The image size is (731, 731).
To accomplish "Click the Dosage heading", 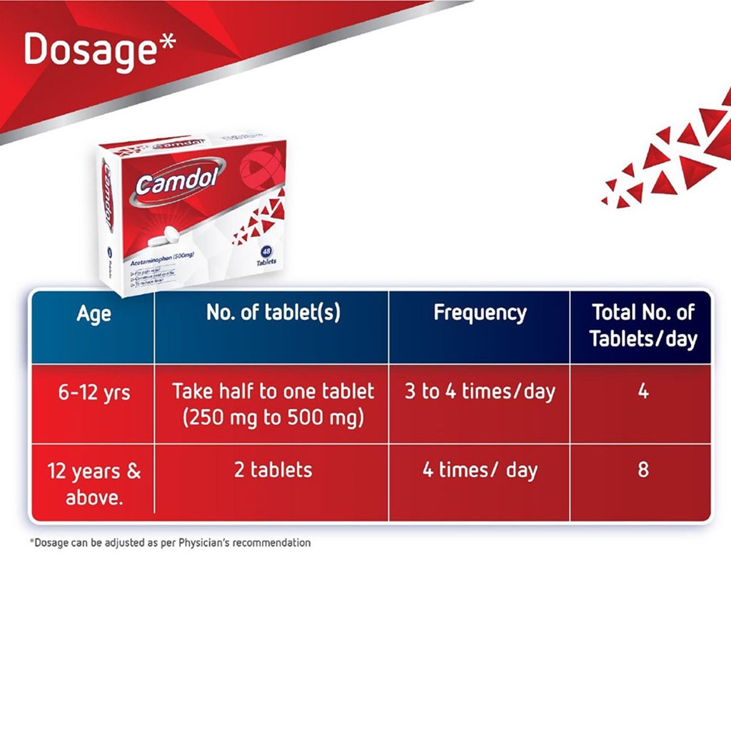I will (90, 49).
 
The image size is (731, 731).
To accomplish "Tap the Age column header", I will (94, 313).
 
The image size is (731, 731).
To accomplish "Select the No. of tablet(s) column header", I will (273, 313).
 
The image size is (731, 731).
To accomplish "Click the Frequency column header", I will (480, 313).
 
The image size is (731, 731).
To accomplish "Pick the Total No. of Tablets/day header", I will (642, 325).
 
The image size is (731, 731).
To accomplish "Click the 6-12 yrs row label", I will (94, 393).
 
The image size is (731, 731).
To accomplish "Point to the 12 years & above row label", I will (94, 483).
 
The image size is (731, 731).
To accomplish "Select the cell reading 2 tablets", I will (273, 470).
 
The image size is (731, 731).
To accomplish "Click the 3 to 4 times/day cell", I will (480, 392).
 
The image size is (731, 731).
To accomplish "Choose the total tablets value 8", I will (642, 470).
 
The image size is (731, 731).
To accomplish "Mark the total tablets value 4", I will (642, 392).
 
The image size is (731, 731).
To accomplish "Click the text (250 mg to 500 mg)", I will (273, 418).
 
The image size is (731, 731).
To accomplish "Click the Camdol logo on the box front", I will (171, 182).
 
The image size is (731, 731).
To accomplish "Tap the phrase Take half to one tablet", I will (273, 391).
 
